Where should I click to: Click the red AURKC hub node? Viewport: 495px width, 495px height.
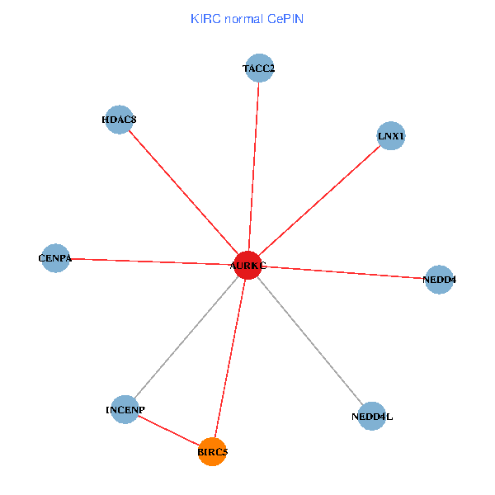click(x=247, y=265)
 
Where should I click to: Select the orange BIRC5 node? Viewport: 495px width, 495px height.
click(x=213, y=451)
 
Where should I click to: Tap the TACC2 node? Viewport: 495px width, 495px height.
click(x=259, y=68)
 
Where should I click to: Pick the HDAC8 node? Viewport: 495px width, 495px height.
click(x=120, y=120)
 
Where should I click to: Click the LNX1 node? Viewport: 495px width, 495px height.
click(x=391, y=134)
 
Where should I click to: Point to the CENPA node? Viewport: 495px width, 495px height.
click(x=55, y=258)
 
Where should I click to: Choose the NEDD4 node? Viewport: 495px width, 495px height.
click(x=439, y=280)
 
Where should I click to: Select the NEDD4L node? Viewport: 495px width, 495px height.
click(x=372, y=417)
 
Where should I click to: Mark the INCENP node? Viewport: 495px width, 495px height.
click(x=125, y=409)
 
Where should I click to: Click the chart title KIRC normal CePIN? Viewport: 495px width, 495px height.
click(x=247, y=18)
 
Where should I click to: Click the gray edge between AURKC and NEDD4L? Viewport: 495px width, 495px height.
click(x=309, y=340)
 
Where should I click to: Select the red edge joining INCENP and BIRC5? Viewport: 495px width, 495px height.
click(x=168, y=430)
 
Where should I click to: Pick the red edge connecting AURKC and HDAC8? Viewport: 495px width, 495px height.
click(x=183, y=192)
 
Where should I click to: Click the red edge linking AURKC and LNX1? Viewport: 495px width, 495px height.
click(x=319, y=200)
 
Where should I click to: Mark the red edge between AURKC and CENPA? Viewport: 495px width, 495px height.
click(x=151, y=262)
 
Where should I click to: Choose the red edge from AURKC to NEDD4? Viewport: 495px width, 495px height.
click(x=343, y=272)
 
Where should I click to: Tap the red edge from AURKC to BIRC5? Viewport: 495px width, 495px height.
click(x=230, y=358)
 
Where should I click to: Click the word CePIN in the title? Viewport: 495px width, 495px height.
click(x=285, y=18)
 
